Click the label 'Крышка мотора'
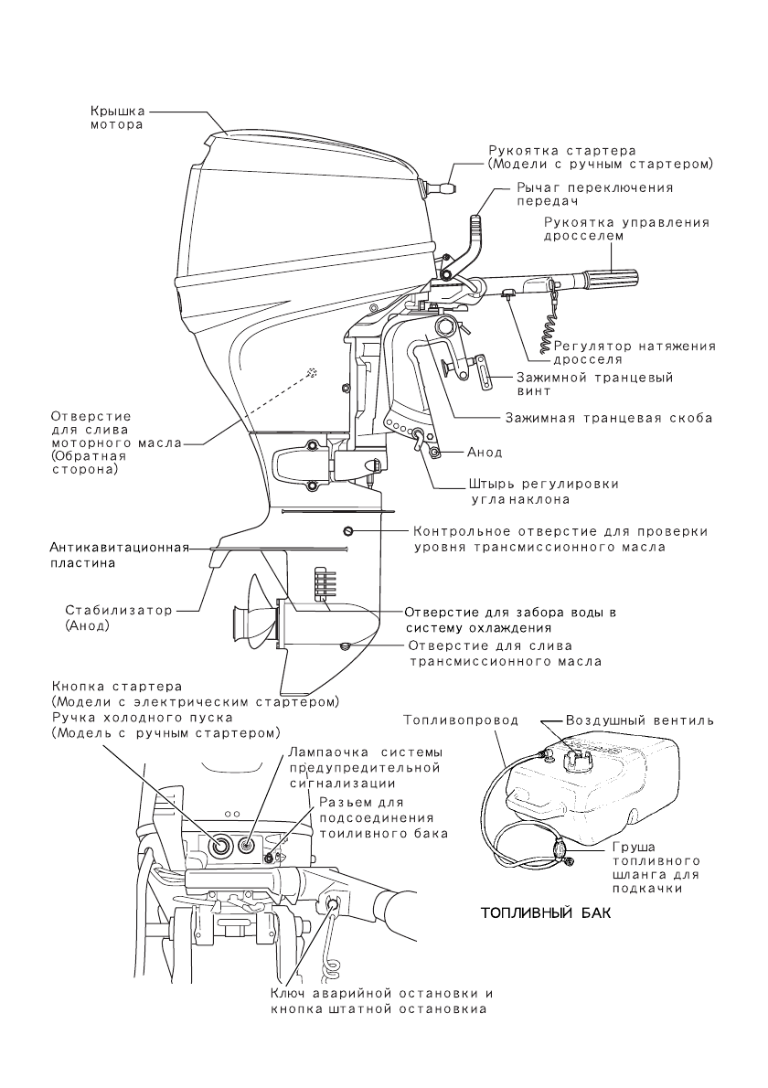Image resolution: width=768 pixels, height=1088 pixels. pos(116,118)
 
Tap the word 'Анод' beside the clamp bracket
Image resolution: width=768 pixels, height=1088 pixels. pos(484,453)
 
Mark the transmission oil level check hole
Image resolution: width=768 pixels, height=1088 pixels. pos(348,532)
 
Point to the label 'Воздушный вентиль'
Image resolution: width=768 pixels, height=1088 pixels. pos(640,720)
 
